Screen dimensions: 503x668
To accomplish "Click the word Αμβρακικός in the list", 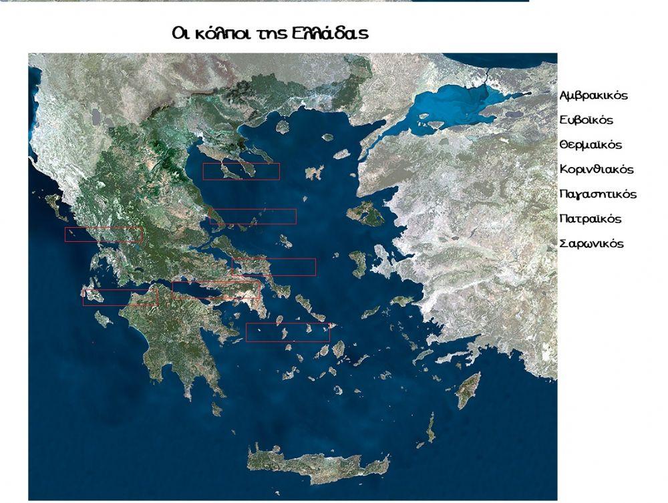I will [x=593, y=96].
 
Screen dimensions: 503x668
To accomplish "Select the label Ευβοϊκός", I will [x=586, y=120].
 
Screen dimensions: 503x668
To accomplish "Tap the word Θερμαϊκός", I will [x=591, y=145].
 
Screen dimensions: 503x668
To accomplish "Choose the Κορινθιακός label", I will [x=597, y=170].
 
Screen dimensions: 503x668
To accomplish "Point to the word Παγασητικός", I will [x=598, y=194].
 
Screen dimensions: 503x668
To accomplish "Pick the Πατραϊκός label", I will [x=591, y=219].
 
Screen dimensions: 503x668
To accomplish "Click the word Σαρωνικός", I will [x=591, y=244].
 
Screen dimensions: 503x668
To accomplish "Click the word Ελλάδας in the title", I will [x=329, y=33].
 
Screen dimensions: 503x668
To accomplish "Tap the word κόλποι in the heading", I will [x=221, y=33].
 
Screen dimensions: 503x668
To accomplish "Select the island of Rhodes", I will [x=469, y=389].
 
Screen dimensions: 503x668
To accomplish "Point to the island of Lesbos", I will [x=364, y=214].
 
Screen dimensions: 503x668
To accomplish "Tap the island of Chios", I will [x=358, y=263].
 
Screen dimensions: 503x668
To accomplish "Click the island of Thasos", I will [x=282, y=126].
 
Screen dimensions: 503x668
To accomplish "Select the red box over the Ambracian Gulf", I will [x=104, y=234].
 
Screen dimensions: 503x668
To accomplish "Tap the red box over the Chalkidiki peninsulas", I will [x=241, y=172].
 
